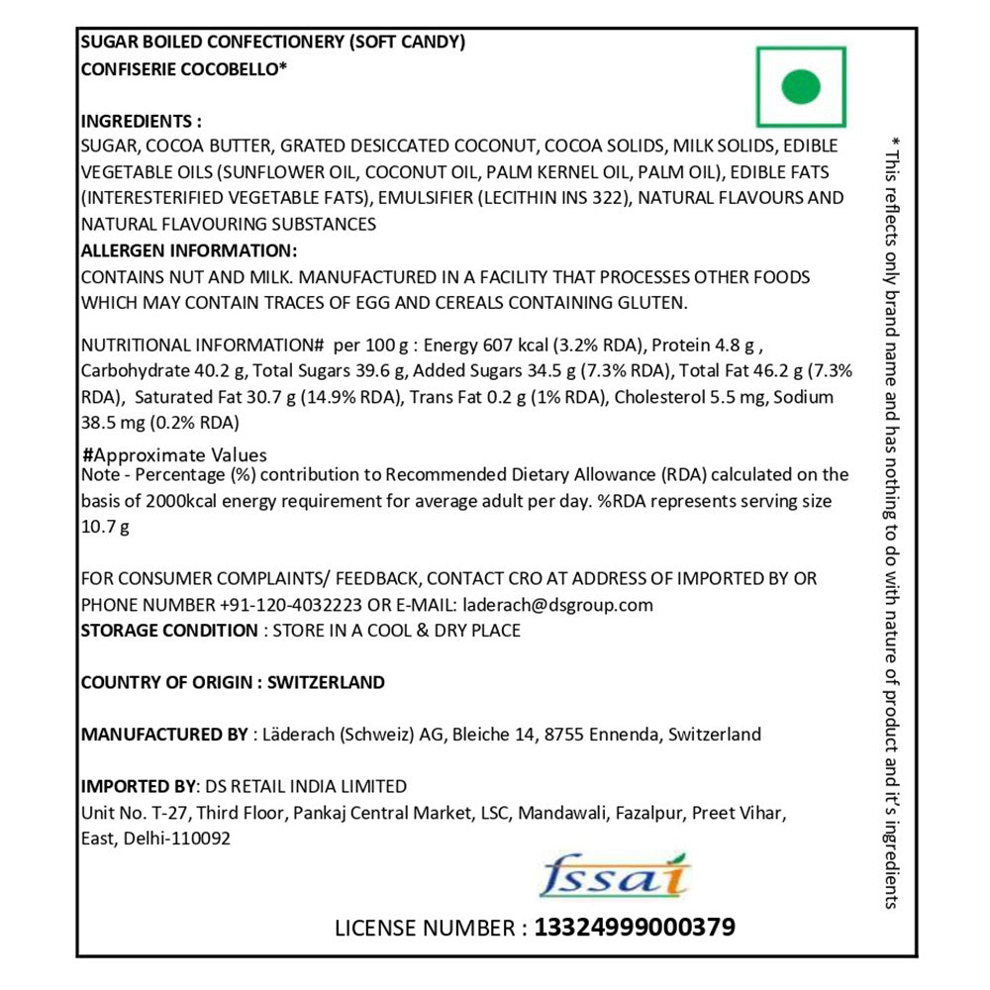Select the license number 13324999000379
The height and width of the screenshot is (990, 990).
635,928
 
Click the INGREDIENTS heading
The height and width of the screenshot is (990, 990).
141,121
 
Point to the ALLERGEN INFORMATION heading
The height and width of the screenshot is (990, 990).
188,250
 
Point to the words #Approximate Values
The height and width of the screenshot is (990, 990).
175,455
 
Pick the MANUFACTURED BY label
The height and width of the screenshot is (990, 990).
163,735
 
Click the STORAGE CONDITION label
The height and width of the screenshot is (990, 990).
168,631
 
